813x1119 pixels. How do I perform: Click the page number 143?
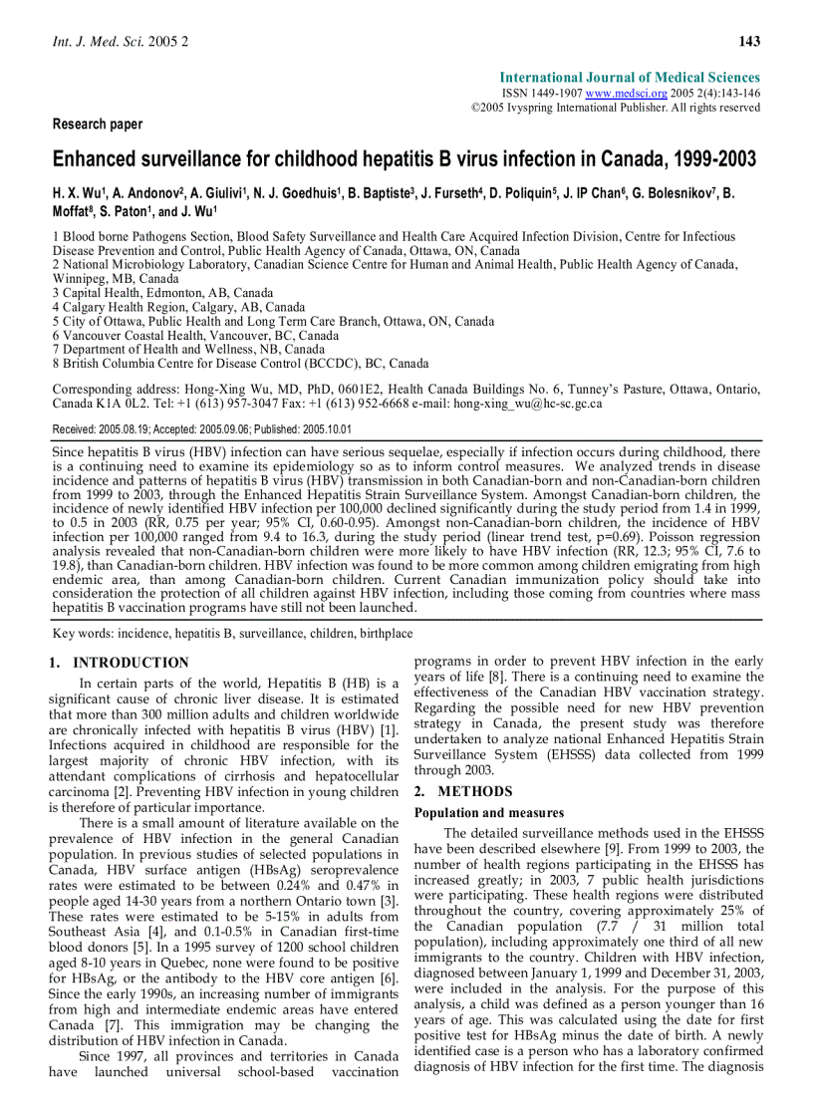coord(749,41)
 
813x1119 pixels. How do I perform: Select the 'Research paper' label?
coord(97,125)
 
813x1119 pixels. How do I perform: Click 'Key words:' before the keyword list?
coord(84,633)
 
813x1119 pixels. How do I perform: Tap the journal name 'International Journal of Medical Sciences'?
coord(630,77)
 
